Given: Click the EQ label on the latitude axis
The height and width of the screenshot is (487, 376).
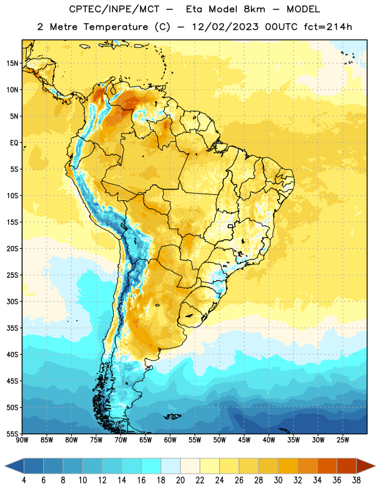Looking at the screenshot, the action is [14, 143].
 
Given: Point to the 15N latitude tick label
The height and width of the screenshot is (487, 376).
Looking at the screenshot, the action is [12, 63].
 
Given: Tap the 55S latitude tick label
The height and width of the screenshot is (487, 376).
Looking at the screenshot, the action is [12, 433].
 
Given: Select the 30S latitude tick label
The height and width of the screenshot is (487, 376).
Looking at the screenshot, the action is [12, 301].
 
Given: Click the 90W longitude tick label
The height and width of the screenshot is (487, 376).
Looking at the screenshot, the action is [22, 440].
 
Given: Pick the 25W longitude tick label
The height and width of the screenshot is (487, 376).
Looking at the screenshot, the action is [343, 440].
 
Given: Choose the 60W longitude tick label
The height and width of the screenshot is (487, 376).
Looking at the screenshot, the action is [170, 440].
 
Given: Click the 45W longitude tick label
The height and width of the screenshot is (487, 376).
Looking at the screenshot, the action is [244, 440].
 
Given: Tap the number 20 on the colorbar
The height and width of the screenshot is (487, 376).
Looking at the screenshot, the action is [180, 480].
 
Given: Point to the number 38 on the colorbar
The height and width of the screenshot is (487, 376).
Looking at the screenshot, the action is [356, 480].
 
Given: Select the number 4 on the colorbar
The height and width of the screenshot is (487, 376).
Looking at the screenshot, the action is [24, 480].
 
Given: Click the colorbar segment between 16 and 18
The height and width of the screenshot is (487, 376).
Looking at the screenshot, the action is [151, 466].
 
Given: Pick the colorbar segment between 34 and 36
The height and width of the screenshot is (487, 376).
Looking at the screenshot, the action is [327, 466].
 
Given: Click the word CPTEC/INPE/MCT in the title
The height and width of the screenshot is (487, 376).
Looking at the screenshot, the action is [114, 9].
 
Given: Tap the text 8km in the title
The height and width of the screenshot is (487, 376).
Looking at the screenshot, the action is [254, 9].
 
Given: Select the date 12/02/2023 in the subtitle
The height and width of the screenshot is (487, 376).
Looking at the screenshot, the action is [225, 27].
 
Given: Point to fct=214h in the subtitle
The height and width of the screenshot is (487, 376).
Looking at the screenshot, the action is [328, 27].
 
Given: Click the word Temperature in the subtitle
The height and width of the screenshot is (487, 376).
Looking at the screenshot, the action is [116, 27].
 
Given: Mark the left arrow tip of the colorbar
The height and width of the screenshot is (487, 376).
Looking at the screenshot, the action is [5, 466].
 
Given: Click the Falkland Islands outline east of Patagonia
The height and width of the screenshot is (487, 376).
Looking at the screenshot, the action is [172, 416].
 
